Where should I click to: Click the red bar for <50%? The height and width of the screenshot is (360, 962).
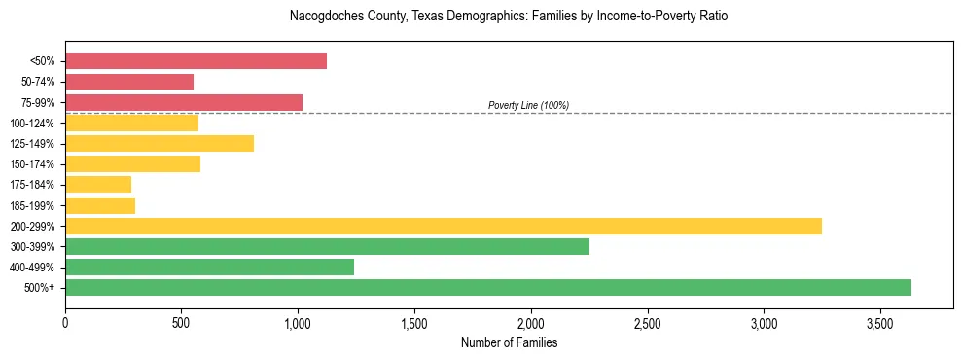[x=196, y=61]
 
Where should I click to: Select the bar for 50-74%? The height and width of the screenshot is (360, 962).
[x=129, y=82]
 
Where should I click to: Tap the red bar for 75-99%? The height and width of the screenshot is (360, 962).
[x=184, y=102]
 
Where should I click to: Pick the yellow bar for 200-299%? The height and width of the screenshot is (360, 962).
[x=444, y=226]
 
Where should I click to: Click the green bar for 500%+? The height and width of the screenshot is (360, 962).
[x=488, y=287]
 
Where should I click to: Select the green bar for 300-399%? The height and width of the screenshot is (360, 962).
[x=327, y=246]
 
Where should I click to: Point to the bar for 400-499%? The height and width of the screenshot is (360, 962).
[x=209, y=267]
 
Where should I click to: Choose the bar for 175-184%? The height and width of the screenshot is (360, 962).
[x=98, y=185]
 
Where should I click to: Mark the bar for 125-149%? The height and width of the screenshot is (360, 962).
[x=160, y=144]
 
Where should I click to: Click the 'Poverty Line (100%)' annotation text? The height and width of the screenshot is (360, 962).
[x=528, y=105]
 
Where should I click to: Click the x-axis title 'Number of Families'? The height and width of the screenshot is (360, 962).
[x=509, y=342]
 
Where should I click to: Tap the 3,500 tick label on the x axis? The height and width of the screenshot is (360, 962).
[x=880, y=322]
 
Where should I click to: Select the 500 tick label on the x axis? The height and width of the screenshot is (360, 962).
[x=181, y=322]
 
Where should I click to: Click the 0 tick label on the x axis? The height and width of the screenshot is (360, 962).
[x=65, y=322]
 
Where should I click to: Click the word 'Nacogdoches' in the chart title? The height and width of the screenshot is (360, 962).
[x=323, y=17]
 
